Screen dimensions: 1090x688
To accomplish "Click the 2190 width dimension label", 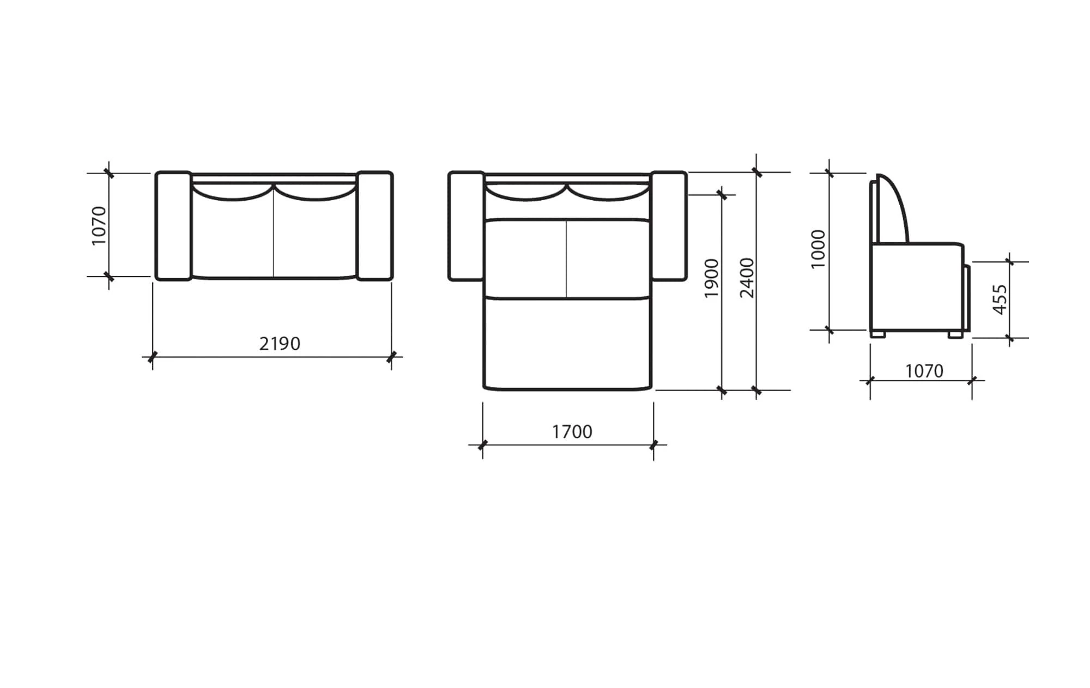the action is click(280, 344).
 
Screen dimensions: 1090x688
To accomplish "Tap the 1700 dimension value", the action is click(572, 432).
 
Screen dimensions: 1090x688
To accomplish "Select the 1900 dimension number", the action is click(712, 278).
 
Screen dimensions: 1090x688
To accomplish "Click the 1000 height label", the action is click(818, 249).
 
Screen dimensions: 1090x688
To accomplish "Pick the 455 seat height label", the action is click(1000, 299).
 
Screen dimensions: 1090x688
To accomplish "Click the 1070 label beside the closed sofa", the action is click(99, 225).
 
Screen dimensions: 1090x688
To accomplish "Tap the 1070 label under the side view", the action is click(924, 372).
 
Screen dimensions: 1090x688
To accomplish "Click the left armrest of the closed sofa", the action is click(173, 226).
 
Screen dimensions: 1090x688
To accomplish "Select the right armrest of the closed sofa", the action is click(375, 226).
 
